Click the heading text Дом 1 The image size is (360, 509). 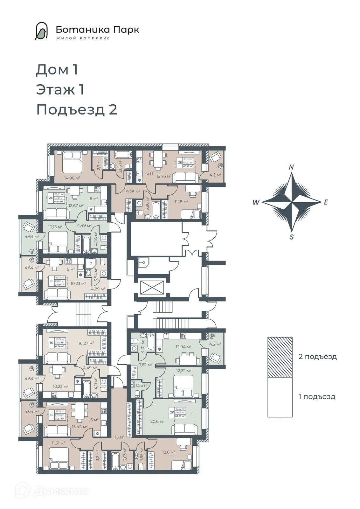(x=57, y=70)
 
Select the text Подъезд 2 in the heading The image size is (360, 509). (x=77, y=110)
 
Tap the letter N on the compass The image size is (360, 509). (x=291, y=167)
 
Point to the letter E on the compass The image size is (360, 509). (x=326, y=202)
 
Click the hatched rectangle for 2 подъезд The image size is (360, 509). (x=280, y=357)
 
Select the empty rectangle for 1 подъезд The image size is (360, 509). (x=280, y=397)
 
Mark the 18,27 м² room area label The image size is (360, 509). (x=86, y=343)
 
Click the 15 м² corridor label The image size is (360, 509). (x=119, y=437)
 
